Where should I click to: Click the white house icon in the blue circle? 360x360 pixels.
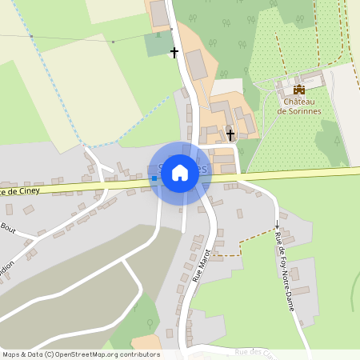click(x=180, y=173)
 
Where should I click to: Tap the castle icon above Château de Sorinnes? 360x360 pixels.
click(x=298, y=90)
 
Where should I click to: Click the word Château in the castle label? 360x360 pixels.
click(x=298, y=101)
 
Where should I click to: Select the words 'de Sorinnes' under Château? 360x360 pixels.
click(x=298, y=111)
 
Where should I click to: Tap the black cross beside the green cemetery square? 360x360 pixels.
click(x=174, y=53)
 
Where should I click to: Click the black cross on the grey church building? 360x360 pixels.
click(x=230, y=134)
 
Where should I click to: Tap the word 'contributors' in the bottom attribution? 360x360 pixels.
click(x=140, y=354)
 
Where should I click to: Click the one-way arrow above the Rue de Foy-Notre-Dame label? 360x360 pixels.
click(x=277, y=224)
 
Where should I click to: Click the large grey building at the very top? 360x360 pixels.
click(x=159, y=14)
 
